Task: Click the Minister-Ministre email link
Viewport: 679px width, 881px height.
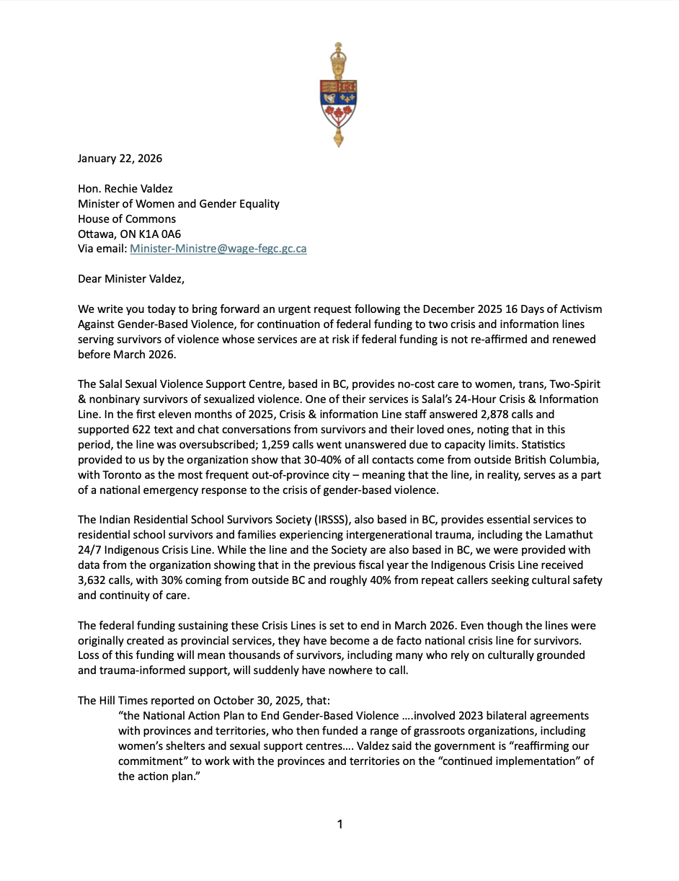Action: tap(218, 249)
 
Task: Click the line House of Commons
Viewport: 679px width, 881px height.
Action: tap(126, 219)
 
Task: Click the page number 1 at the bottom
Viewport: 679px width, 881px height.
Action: tap(339, 824)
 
